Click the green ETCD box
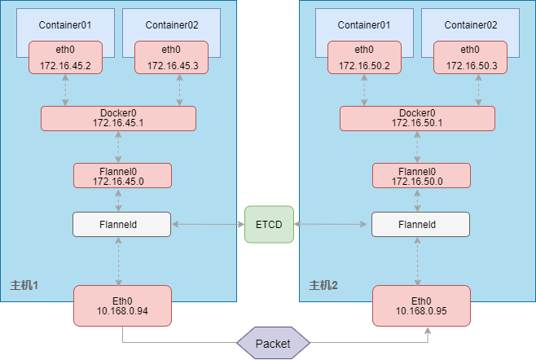pyautogui.click(x=269, y=224)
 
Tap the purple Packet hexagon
pyautogui.click(x=273, y=343)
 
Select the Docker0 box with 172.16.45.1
pyautogui.click(x=119, y=118)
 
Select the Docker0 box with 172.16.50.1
pyautogui.click(x=418, y=118)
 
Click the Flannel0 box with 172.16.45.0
pyautogui.click(x=122, y=175)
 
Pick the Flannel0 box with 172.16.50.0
pyautogui.click(x=421, y=175)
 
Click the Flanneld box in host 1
pyautogui.click(x=122, y=224)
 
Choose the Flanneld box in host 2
pyautogui.click(x=421, y=224)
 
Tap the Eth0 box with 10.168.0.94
pyautogui.click(x=122, y=304)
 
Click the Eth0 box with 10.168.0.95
pyautogui.click(x=421, y=304)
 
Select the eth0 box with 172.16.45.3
pyautogui.click(x=171, y=58)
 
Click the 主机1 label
pyautogui.click(x=24, y=286)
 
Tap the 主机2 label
pyautogui.click(x=323, y=286)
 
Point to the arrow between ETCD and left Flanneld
pyautogui.click(x=208, y=224)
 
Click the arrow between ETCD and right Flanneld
pyautogui.click(x=332, y=224)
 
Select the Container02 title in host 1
pyautogui.click(x=171, y=24)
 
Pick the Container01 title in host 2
pyautogui.click(x=364, y=24)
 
